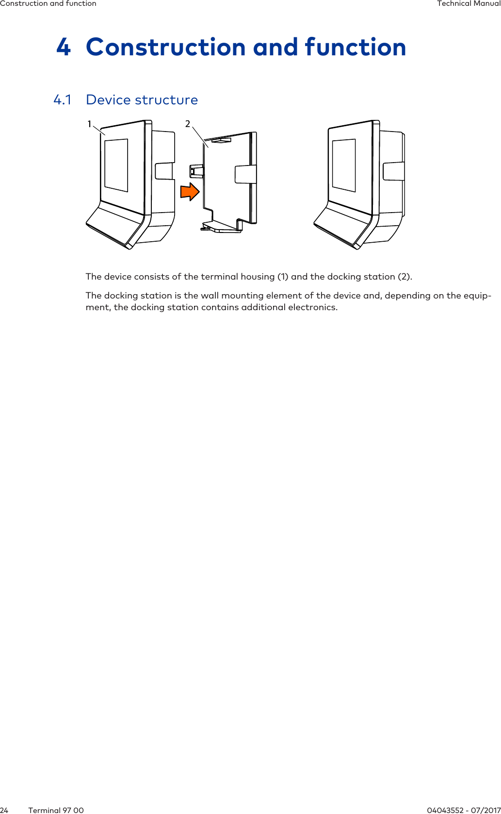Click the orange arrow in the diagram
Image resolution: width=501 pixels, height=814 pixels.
pos(190,192)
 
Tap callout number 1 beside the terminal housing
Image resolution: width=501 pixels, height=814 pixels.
pos(89,124)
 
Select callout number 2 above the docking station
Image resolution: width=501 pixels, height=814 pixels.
pos(188,124)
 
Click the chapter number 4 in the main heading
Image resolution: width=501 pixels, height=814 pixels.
pos(64,48)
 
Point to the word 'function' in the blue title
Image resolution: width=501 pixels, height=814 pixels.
pos(355,48)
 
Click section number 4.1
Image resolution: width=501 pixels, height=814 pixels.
pos(62,100)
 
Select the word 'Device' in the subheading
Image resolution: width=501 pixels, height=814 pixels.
pos(108,100)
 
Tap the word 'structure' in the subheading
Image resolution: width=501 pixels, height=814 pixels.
pos(166,100)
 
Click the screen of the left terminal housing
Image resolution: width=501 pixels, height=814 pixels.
pos(116,165)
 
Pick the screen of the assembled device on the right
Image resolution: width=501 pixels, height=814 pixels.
pos(344,165)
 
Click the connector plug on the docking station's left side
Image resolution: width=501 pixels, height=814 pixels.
pos(195,171)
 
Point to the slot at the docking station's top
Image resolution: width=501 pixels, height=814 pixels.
pos(221,141)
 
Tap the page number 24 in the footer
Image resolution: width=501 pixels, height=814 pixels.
pos(4,810)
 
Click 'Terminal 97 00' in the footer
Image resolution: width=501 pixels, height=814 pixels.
pos(56,810)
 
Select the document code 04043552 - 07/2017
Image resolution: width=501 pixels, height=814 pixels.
pos(464,810)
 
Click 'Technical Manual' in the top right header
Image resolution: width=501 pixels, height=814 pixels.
pos(469,3)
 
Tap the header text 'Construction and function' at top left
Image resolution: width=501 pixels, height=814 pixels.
pos(48,3)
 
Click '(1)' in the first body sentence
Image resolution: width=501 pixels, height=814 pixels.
pos(283,277)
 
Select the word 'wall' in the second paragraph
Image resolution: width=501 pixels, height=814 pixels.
pos(210,296)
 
